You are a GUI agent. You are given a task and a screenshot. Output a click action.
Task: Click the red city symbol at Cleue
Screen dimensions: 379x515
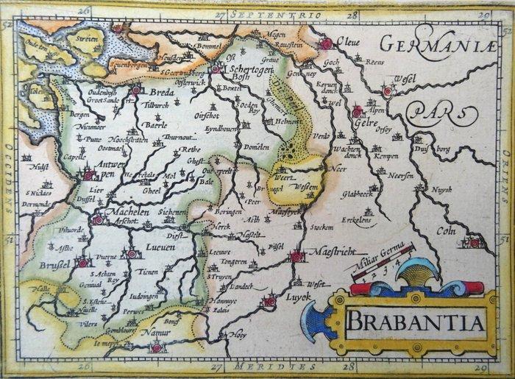325,44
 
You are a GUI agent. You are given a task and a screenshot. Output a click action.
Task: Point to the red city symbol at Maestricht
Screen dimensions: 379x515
296,257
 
